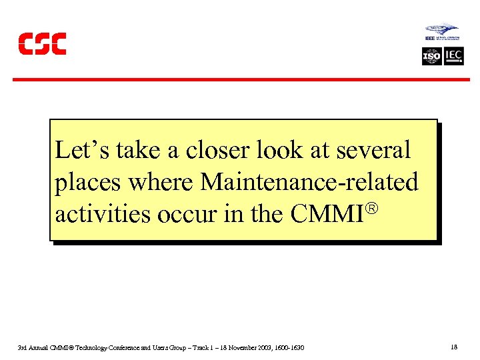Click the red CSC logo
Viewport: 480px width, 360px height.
[x=42, y=43]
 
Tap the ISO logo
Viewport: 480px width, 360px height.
[x=432, y=56]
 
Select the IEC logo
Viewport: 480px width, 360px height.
[x=454, y=56]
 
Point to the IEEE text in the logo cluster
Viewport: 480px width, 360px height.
[x=430, y=39]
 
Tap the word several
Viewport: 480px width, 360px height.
[x=376, y=150]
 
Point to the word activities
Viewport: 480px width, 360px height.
[x=98, y=214]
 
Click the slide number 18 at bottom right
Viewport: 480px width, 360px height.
[x=454, y=347]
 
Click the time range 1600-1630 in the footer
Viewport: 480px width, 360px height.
[x=291, y=348]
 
